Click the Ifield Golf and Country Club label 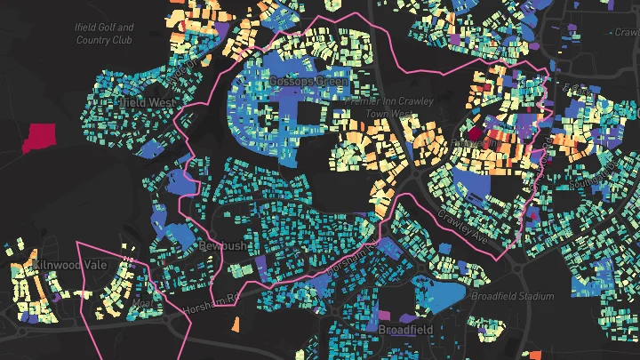[x=105, y=34]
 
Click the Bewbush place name [x=222, y=245]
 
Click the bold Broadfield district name [x=405, y=330]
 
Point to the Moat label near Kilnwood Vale [x=140, y=303]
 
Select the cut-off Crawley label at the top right [x=626, y=32]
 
